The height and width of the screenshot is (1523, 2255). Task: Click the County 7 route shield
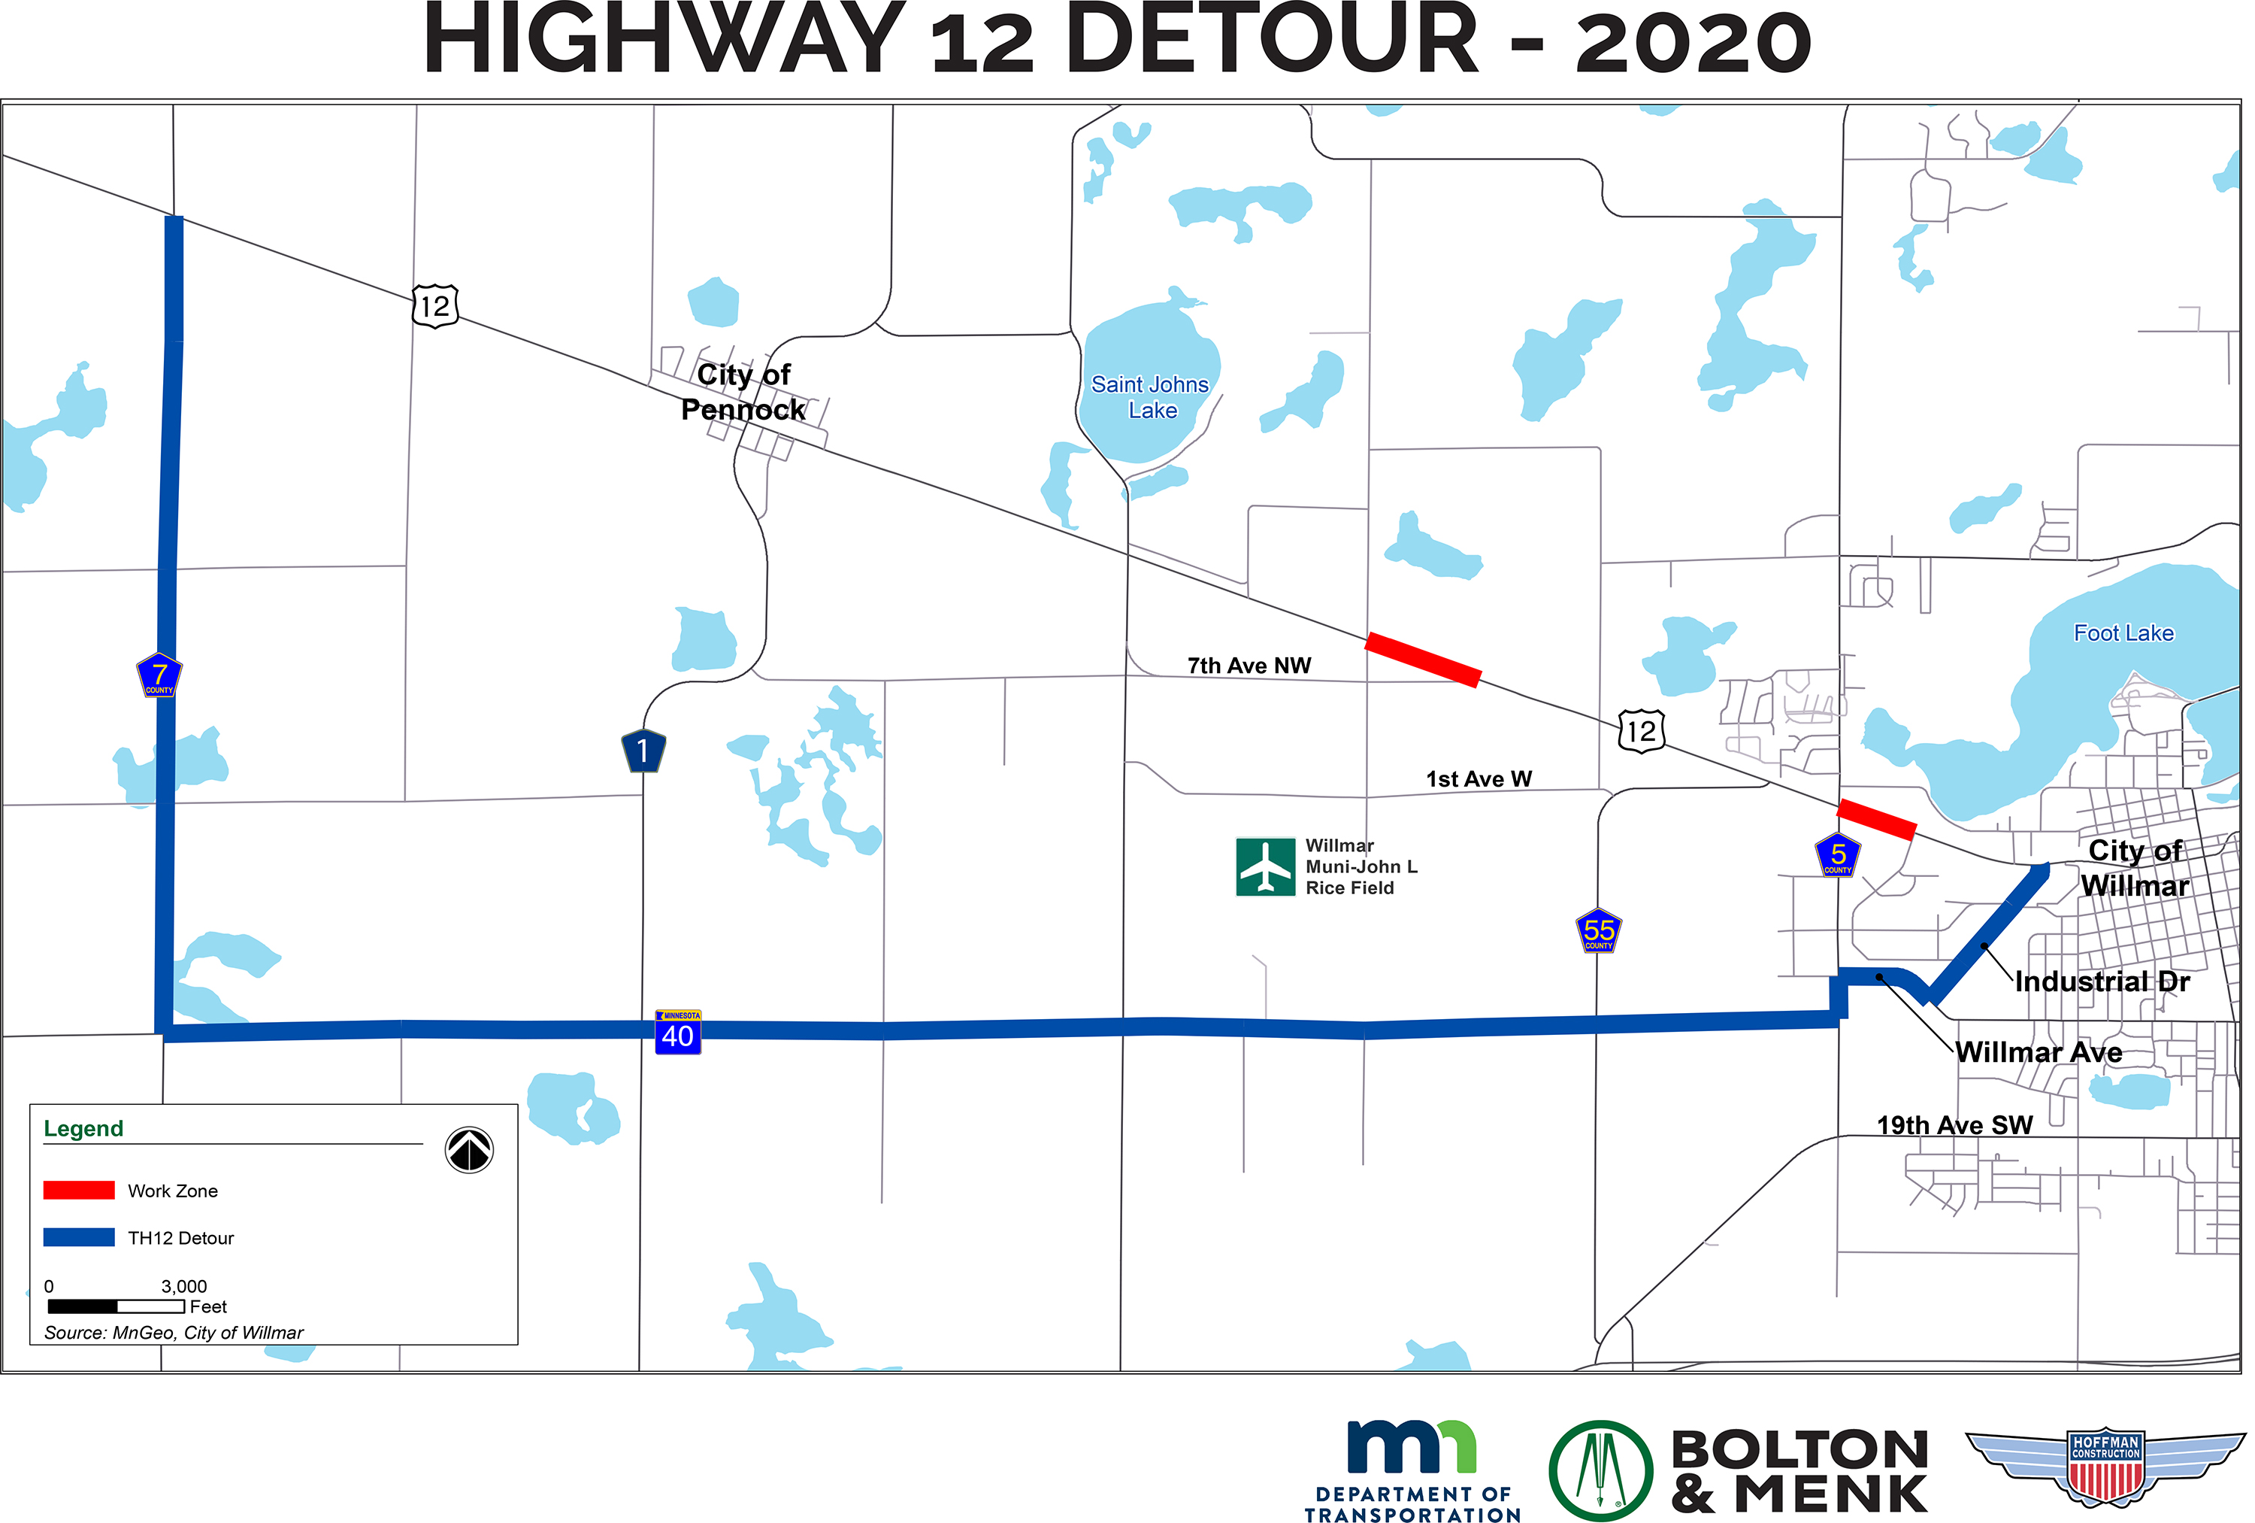point(159,675)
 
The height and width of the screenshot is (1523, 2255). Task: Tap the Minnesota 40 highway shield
point(677,1033)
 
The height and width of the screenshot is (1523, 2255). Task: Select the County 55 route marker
point(1598,931)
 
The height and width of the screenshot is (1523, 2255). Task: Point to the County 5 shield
point(1837,855)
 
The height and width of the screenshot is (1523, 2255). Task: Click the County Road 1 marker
point(643,751)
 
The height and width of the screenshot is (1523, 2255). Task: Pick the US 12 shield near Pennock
point(434,306)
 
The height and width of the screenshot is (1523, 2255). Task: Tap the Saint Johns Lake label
point(1151,397)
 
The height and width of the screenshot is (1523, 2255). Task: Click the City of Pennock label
point(743,391)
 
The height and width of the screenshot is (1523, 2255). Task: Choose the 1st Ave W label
point(1478,778)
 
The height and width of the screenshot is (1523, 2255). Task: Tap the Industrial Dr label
point(2102,981)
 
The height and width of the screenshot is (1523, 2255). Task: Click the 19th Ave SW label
point(1954,1125)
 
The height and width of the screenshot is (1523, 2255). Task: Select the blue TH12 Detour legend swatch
point(79,1238)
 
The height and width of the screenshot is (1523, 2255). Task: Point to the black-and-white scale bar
point(116,1306)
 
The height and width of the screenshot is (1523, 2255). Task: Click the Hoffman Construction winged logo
point(2105,1465)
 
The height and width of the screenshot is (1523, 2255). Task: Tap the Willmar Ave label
point(2038,1052)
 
